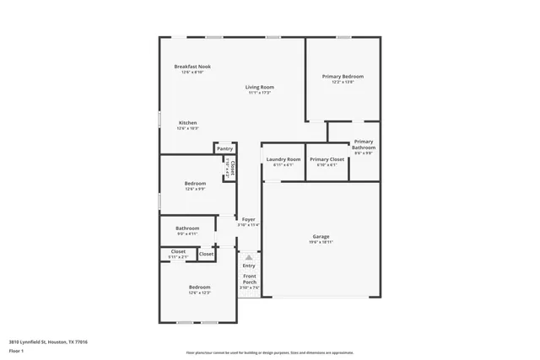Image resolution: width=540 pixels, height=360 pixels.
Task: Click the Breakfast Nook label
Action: [192, 67]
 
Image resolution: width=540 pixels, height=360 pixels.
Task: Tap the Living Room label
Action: [260, 87]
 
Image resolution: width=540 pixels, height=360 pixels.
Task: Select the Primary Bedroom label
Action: [343, 77]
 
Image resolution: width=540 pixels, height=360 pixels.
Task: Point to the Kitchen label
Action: [188, 123]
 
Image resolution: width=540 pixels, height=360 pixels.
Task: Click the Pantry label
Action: [224, 148]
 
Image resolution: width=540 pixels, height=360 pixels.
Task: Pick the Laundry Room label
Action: [283, 159]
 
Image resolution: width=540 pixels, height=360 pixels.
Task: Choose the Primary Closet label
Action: [327, 159]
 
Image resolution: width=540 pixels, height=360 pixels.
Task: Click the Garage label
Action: [321, 237]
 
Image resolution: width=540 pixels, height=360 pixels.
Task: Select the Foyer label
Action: [249, 219]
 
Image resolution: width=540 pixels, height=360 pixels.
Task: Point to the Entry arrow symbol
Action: [249, 257]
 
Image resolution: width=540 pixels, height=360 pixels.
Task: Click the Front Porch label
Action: [250, 279]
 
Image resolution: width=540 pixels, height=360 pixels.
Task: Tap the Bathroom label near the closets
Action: [187, 228]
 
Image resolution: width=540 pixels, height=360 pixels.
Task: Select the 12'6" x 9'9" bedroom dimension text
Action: [195, 189]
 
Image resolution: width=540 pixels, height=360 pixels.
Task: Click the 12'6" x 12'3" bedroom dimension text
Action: [199, 293]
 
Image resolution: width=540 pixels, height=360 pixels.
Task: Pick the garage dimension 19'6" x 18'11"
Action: [321, 242]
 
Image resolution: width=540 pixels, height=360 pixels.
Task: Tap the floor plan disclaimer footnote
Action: [269, 352]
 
